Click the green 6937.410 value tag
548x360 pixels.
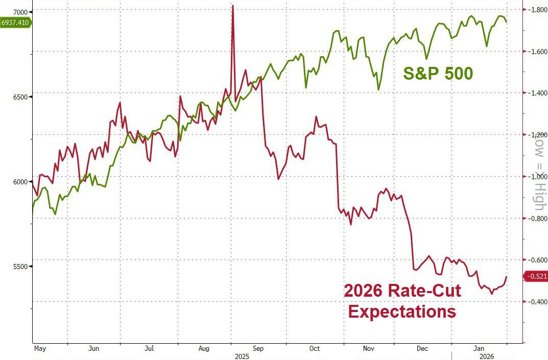pos(15,22)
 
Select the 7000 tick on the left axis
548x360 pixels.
pos(20,12)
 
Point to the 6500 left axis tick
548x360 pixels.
pos(20,97)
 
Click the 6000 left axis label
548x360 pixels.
pos(20,182)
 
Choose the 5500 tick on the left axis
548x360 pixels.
pos(20,267)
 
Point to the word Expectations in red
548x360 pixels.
pos(402,311)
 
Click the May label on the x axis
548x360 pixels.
pos(40,348)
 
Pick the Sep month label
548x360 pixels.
pos(258,348)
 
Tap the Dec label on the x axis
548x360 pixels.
pos(422,348)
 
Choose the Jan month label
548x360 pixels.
pos(479,348)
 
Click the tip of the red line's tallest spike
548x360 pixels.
pos(233,6)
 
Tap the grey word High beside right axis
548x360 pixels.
pos(539,197)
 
